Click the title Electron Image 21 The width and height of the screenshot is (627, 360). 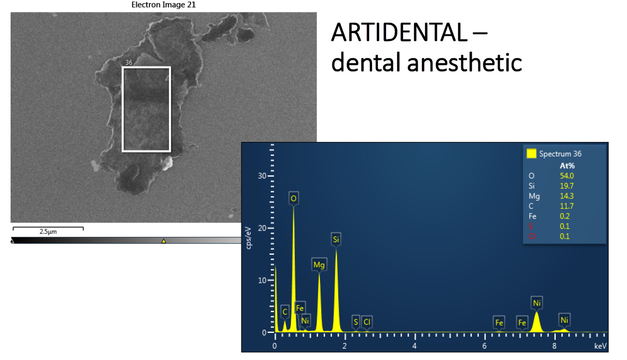point(163,5)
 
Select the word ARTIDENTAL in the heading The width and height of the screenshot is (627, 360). point(399,32)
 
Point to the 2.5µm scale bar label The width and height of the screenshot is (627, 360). point(48,231)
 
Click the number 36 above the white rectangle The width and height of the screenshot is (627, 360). point(129,62)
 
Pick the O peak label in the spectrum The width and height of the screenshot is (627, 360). point(293,198)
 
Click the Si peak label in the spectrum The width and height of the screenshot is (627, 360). point(336,239)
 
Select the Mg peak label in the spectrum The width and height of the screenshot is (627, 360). point(319,264)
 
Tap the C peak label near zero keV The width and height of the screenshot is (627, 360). point(285,312)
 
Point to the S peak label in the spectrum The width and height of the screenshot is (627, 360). point(356,322)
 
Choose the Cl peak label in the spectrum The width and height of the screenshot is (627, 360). point(367,322)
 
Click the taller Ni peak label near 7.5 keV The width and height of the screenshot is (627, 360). point(537,303)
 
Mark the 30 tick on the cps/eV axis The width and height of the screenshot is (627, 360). point(262,176)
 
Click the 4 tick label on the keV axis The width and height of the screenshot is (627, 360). point(414,346)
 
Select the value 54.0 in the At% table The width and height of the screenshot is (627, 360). point(567,176)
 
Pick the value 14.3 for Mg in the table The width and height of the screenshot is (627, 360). point(567,196)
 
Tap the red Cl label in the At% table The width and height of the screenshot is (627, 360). point(532,236)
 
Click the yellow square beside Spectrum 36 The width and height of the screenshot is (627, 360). point(532,153)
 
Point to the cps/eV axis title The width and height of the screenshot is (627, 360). point(249,238)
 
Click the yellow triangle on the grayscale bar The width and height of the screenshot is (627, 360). point(164,241)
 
